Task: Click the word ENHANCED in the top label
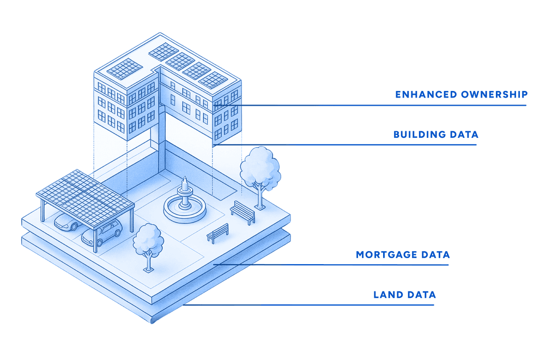click(426, 95)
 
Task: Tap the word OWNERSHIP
click(494, 95)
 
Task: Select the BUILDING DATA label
click(436, 135)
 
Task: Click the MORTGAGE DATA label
click(403, 255)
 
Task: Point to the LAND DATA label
click(405, 295)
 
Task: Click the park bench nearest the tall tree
click(242, 212)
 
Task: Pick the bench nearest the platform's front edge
click(218, 233)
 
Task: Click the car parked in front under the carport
click(101, 233)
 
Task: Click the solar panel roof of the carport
click(86, 198)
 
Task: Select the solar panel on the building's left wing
click(125, 69)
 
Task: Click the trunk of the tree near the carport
click(148, 262)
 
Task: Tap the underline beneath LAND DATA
click(308, 305)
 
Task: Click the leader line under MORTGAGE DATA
click(331, 265)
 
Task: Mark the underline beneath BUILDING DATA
click(344, 145)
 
